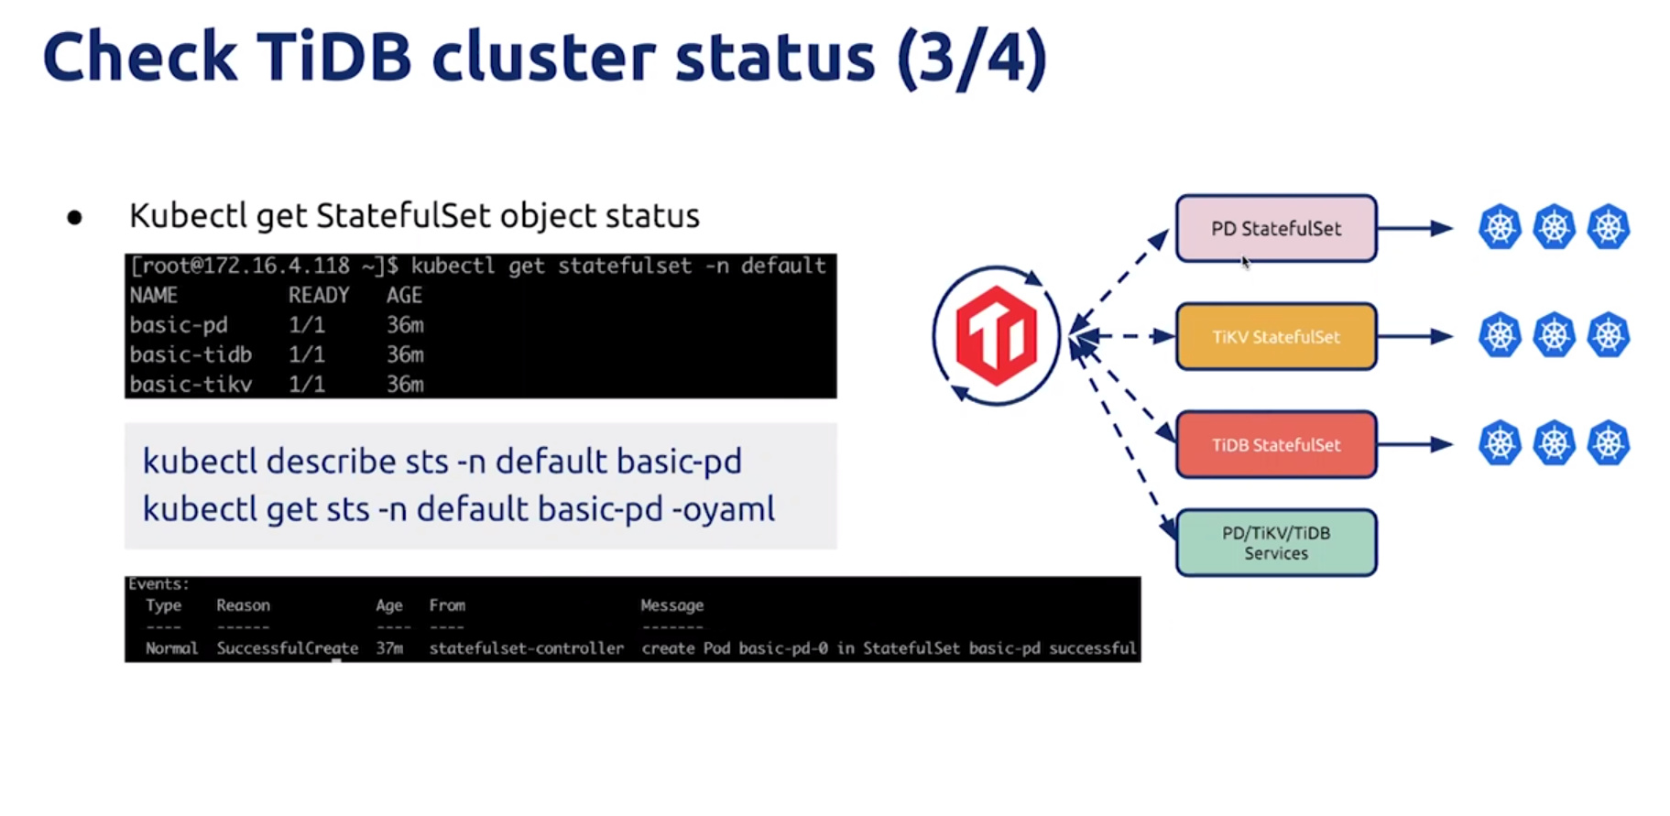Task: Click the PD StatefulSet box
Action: pos(1276,228)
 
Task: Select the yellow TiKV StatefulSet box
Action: pos(1276,336)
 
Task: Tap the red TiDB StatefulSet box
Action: pos(1276,444)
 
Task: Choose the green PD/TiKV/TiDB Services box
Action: pos(1276,543)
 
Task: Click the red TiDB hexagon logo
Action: pos(996,335)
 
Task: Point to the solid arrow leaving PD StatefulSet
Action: pos(1415,228)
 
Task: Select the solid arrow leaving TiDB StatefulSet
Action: pos(1415,444)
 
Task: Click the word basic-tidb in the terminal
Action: pos(191,354)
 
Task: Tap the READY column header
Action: pos(319,295)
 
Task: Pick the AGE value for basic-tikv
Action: pos(405,384)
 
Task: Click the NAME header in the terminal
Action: pos(154,295)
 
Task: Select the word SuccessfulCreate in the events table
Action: pos(288,648)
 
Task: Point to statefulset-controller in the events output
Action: pos(527,648)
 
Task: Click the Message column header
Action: pos(672,605)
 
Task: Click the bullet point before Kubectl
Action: pos(75,217)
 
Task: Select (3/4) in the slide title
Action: pos(972,59)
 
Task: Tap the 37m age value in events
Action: pos(389,648)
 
